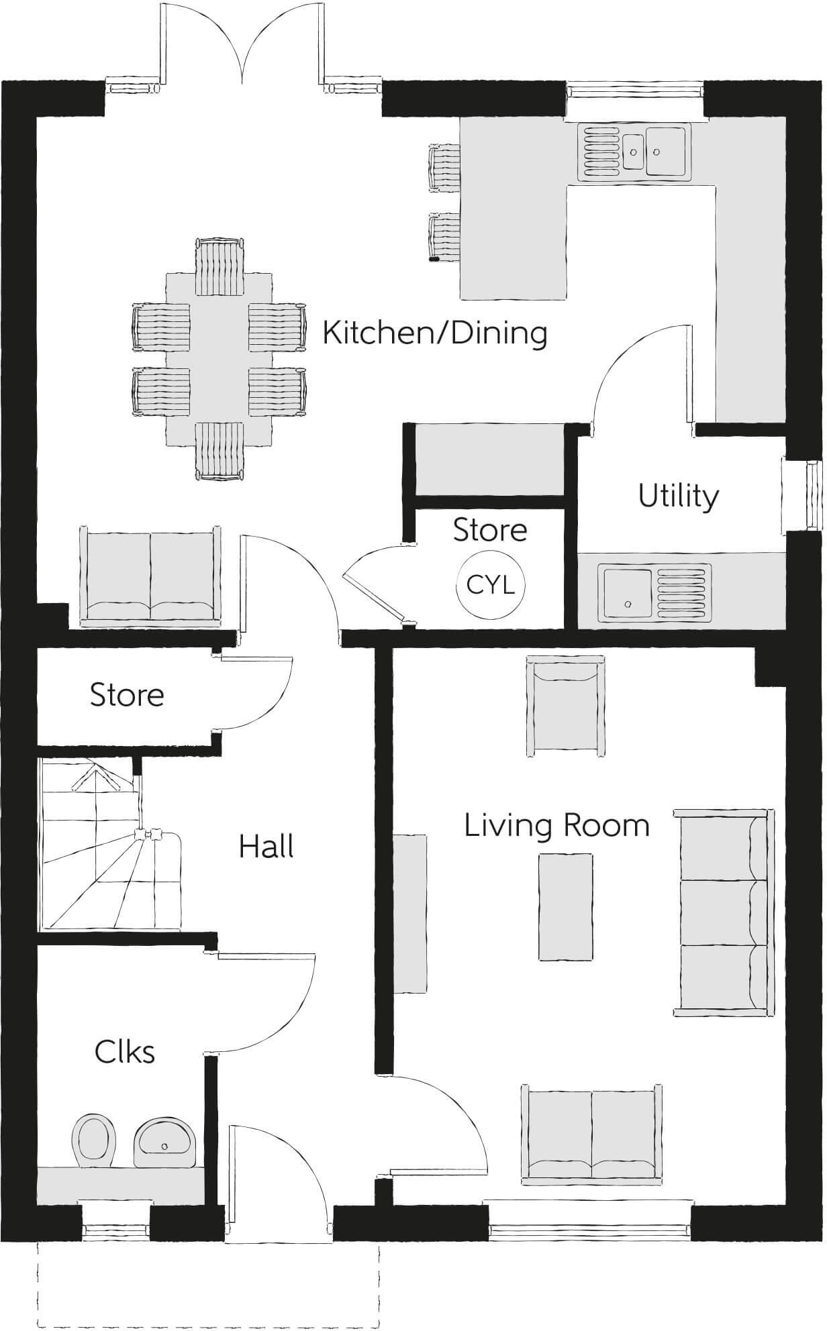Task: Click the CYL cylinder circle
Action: (491, 586)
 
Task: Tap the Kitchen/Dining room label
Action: (435, 333)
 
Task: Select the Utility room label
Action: (679, 497)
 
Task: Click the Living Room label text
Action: (557, 826)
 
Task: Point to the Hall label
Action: (266, 847)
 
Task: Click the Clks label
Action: (125, 1052)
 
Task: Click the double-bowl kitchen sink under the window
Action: (634, 152)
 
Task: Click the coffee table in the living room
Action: (566, 908)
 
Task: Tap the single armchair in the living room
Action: (563, 706)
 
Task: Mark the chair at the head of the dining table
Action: (219, 266)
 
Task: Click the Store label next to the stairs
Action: (127, 696)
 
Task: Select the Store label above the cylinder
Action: (490, 530)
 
